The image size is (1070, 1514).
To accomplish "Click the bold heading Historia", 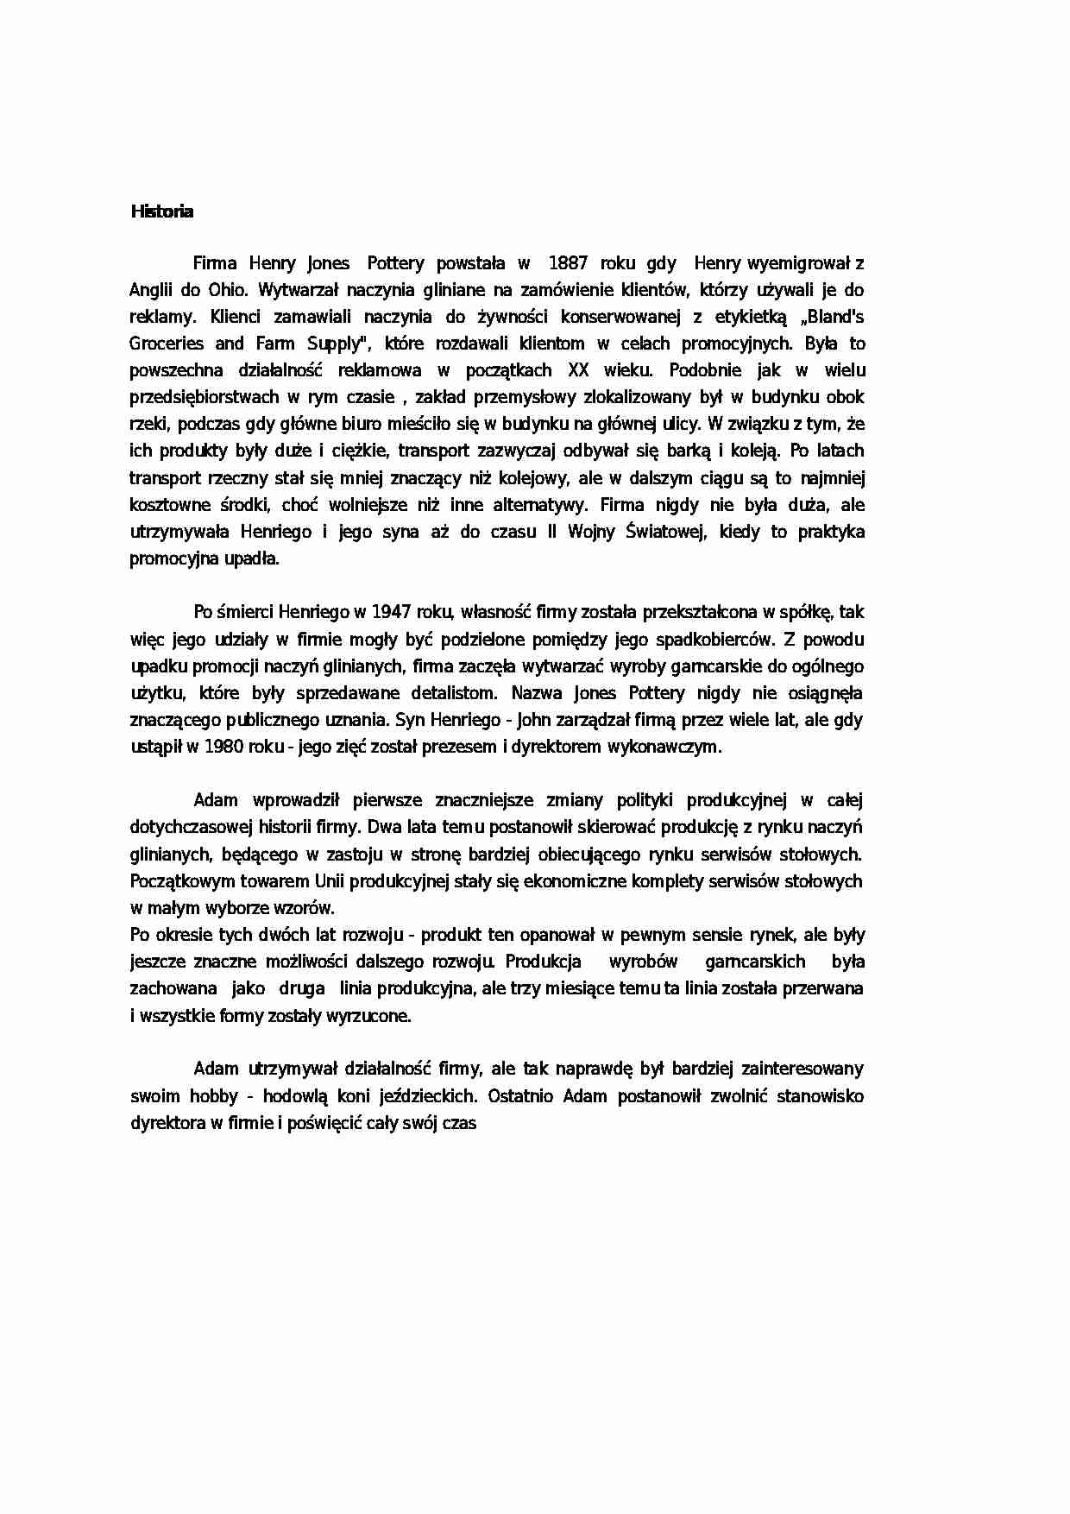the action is pyautogui.click(x=161, y=211).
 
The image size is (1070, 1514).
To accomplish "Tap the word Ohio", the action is pyautogui.click(x=228, y=290).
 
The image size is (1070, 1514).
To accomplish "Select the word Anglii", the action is pyautogui.click(x=151, y=290).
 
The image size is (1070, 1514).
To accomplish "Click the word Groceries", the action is pyautogui.click(x=167, y=344).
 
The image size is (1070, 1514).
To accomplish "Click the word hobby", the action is pyautogui.click(x=209, y=1096).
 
